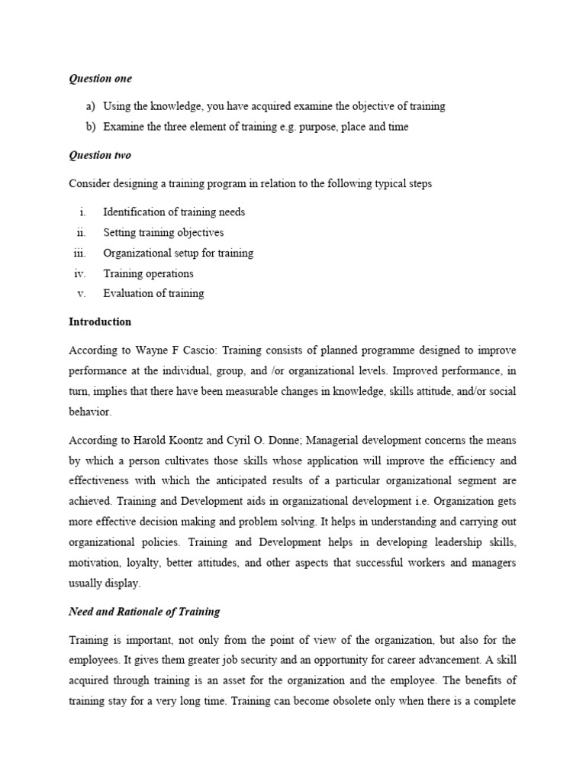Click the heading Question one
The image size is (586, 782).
(100, 79)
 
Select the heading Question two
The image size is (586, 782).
(100, 155)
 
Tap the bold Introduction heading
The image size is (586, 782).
(100, 322)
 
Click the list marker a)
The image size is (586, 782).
(91, 107)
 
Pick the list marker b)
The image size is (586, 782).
(91, 127)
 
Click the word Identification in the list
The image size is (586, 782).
(134, 212)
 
